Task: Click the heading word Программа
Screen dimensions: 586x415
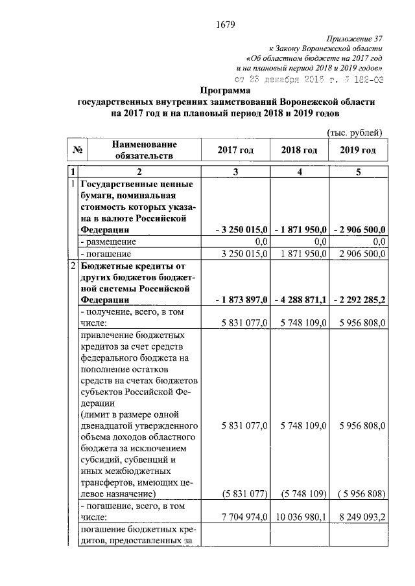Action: (x=226, y=91)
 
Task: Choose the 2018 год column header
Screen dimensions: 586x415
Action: (x=299, y=150)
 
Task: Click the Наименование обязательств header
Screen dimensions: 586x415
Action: (x=143, y=150)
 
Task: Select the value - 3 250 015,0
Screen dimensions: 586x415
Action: (x=241, y=229)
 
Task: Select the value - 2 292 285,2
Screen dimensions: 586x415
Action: (x=359, y=300)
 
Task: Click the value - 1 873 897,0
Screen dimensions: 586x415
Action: (x=241, y=300)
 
